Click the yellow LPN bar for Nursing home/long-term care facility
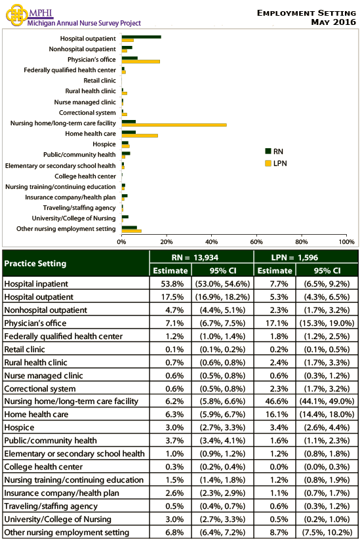(174, 125)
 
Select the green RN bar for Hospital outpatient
(141, 37)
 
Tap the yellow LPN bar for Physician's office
(140, 61)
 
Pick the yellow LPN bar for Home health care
(140, 135)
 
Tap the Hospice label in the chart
(104, 144)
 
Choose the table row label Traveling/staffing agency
(50, 506)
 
